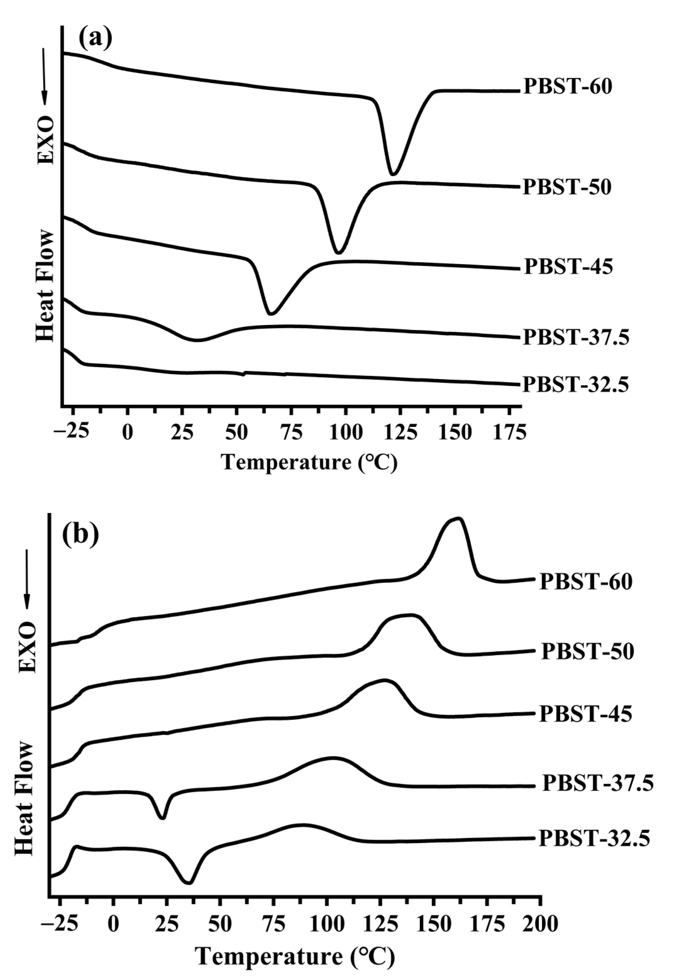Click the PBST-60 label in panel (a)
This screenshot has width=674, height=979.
[567, 87]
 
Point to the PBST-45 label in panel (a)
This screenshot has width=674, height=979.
[568, 267]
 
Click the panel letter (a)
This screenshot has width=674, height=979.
[96, 39]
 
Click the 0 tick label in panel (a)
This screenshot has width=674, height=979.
[128, 433]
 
